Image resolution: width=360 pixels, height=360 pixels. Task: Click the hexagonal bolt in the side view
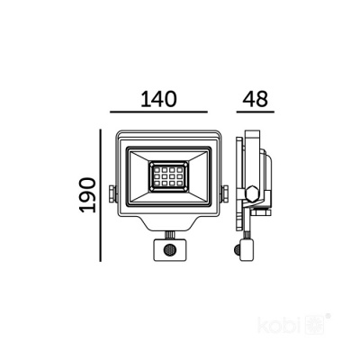tap(256, 193)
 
